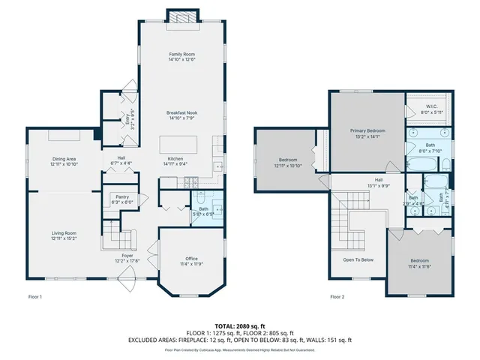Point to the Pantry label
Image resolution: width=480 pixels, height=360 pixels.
121,198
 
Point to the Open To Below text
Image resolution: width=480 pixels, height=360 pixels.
358,260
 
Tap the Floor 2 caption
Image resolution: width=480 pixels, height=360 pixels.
337,297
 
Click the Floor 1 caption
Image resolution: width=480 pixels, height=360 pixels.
34,297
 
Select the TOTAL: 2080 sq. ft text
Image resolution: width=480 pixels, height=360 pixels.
241,327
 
